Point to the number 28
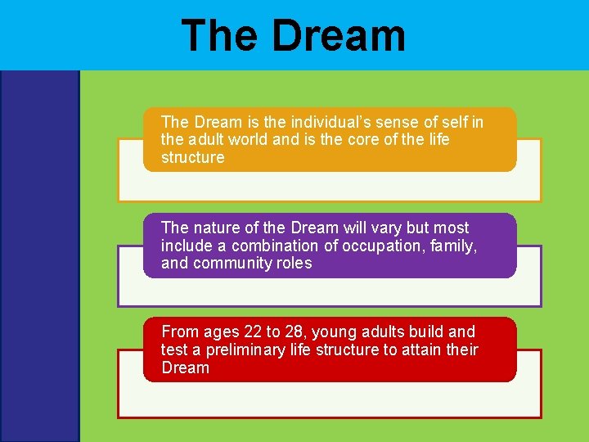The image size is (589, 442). point(294,332)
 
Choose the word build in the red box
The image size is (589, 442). point(426,332)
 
